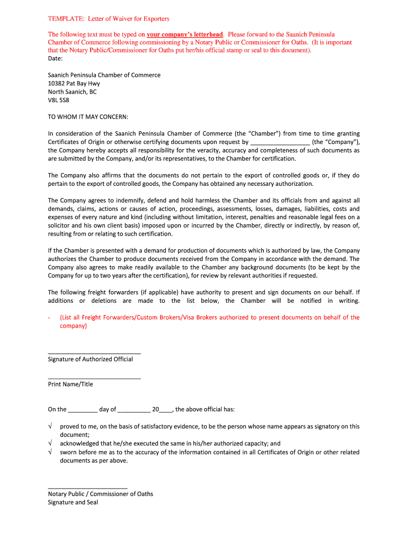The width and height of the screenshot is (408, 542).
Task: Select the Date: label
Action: pos(56,59)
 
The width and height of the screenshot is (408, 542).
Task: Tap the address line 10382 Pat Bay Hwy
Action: pos(74,84)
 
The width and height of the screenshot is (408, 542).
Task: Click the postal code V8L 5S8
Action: pos(58,100)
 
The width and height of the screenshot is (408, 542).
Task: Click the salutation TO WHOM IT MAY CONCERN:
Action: pos(88,117)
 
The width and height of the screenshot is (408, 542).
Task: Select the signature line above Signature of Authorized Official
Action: pos(94,353)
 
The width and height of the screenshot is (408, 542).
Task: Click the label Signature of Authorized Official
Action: pos(90,359)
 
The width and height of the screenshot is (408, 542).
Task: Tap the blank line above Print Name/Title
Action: pos(94,378)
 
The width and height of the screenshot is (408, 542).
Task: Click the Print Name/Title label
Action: pos(70,385)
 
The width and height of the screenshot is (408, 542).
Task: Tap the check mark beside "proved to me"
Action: pos(50,427)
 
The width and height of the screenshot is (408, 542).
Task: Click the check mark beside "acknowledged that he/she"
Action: pos(50,444)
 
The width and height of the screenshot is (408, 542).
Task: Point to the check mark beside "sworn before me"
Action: pos(50,452)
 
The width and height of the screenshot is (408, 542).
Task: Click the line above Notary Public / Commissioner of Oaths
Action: pos(87,488)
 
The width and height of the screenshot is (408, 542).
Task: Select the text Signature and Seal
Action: pos(73,502)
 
